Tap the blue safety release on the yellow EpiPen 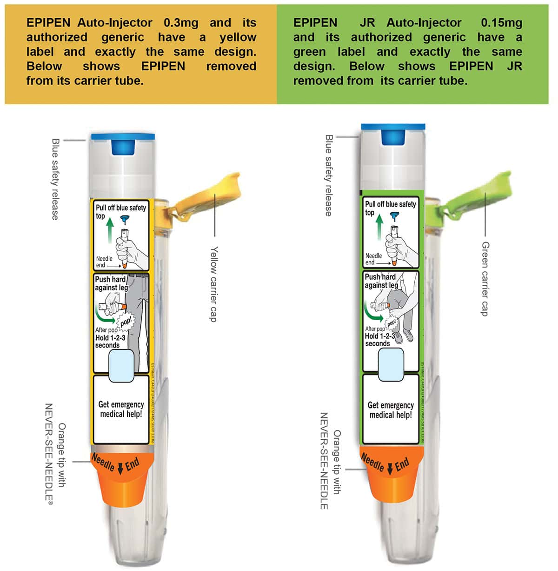(x=123, y=144)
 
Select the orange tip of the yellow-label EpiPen (x=122, y=479)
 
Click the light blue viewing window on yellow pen (x=121, y=365)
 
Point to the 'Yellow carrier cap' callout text (x=213, y=284)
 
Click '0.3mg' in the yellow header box (x=181, y=23)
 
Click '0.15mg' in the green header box (x=501, y=23)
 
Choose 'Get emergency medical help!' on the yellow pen (x=121, y=409)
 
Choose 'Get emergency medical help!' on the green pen (x=391, y=410)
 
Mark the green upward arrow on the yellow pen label (x=110, y=231)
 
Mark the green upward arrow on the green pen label (x=379, y=227)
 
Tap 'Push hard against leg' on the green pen (x=381, y=281)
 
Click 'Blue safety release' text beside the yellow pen (x=55, y=179)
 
